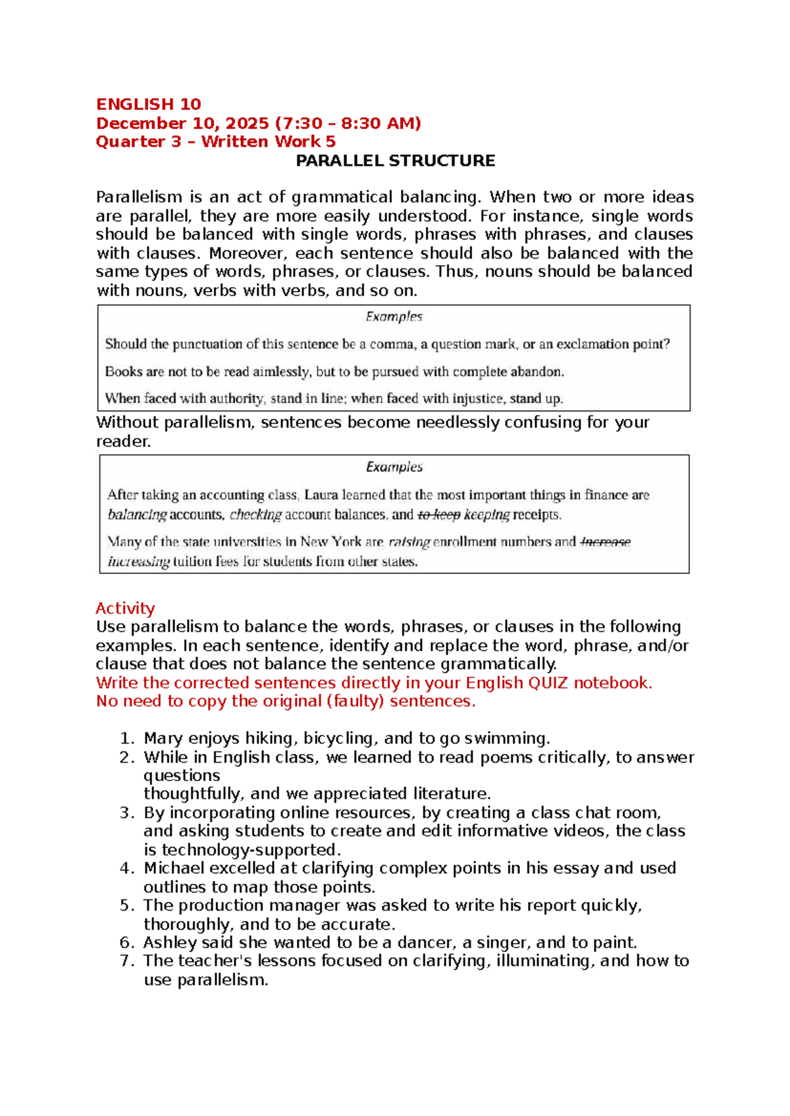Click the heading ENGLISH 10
coord(148,104)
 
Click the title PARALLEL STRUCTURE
coord(395,161)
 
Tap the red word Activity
coord(125,608)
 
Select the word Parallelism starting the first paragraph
coord(138,197)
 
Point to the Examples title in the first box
coord(394,317)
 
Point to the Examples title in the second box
coord(394,467)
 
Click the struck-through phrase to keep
coord(438,515)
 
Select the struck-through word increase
coord(606,542)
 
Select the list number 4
coord(127,869)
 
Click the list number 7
coord(127,961)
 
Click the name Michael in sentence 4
coord(174,869)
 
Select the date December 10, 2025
coord(182,123)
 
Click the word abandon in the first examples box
coord(537,372)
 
